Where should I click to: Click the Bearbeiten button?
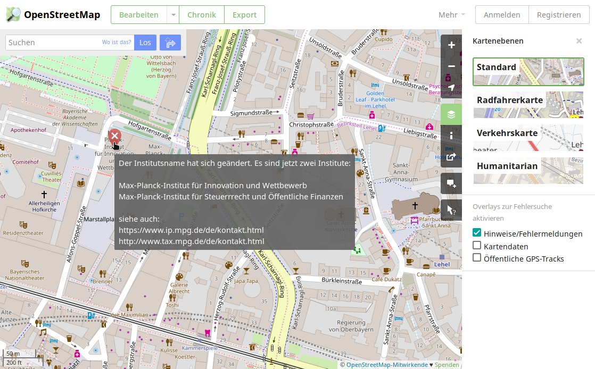pos(138,15)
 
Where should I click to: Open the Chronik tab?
pos(201,15)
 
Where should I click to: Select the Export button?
pos(244,15)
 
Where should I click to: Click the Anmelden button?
pos(501,15)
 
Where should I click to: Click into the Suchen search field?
pos(53,43)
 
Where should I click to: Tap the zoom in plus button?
pos(451,45)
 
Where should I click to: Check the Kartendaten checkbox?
pos(477,246)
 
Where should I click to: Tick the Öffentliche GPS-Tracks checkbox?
pos(477,258)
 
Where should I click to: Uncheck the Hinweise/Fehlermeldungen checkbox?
pos(477,233)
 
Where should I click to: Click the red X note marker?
pos(114,136)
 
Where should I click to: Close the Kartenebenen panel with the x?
pos(579,41)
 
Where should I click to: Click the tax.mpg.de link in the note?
pos(192,241)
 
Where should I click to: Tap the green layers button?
pos(451,114)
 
